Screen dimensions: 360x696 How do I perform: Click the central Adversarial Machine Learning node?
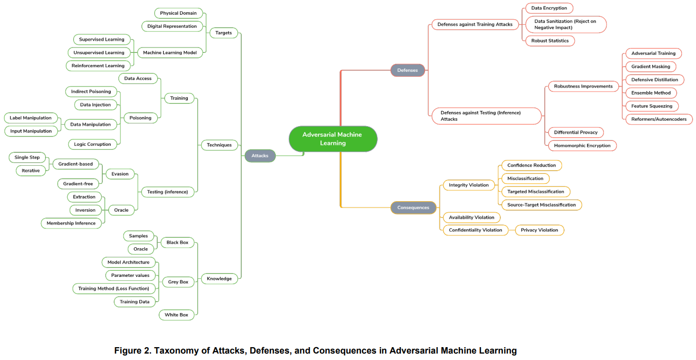pos(333,139)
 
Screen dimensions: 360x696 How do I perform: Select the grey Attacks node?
pos(260,156)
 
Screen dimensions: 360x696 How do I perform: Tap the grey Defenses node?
pos(407,70)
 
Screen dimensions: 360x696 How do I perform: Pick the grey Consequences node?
pos(413,207)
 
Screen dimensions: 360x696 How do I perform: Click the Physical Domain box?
pos(178,13)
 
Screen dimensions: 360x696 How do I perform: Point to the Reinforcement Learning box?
pos(98,66)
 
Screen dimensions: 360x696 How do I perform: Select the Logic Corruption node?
pos(93,144)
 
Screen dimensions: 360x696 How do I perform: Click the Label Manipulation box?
pos(31,118)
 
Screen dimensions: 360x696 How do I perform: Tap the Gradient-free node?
pos(78,183)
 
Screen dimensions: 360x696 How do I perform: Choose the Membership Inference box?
pos(71,223)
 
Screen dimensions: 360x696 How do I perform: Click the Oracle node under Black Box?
pos(140,249)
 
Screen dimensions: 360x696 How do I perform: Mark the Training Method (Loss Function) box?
pos(113,288)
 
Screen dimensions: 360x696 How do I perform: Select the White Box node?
pos(176,315)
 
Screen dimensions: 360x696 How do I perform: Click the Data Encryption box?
pos(549,8)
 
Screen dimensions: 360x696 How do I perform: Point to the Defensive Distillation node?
pos(654,80)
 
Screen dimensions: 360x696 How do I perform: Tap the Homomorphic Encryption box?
pos(582,145)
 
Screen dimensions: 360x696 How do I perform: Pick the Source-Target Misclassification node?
pos(541,205)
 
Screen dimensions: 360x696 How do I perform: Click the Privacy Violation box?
pos(539,230)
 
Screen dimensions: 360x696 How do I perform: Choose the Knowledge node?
pos(219,278)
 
